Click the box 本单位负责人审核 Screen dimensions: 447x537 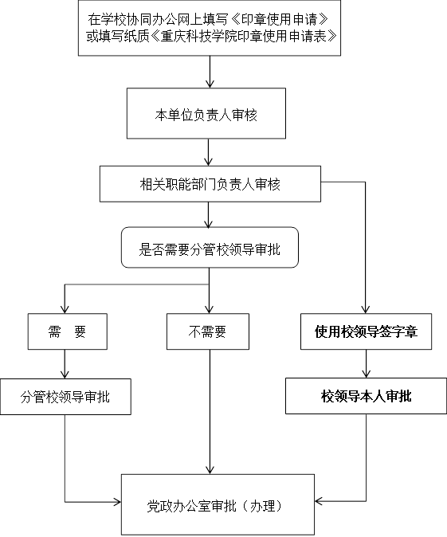[206, 113]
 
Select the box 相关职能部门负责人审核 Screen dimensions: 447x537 [210, 184]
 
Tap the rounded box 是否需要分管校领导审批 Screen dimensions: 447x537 [210, 247]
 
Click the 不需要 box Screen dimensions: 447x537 [208, 331]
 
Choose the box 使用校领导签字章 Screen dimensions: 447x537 [367, 331]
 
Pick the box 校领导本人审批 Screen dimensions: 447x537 [367, 396]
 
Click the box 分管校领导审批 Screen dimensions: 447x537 [65, 397]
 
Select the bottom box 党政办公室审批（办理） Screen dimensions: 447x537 [218, 504]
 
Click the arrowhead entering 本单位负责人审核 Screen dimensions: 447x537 [210, 84]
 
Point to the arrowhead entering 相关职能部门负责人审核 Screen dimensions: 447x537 [208, 162]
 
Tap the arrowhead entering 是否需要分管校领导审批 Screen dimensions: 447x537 [208, 223]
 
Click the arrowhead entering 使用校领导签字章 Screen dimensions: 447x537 [366, 309]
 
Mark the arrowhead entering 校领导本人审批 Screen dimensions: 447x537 [367, 374]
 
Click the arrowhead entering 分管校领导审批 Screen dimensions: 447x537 [65, 374]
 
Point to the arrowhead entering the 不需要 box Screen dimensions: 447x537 [209, 309]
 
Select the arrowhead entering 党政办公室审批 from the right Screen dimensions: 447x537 [320, 501]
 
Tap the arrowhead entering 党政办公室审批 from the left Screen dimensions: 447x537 [117, 503]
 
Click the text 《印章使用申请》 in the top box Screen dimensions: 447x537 [278, 19]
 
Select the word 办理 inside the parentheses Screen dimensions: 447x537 [263, 506]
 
